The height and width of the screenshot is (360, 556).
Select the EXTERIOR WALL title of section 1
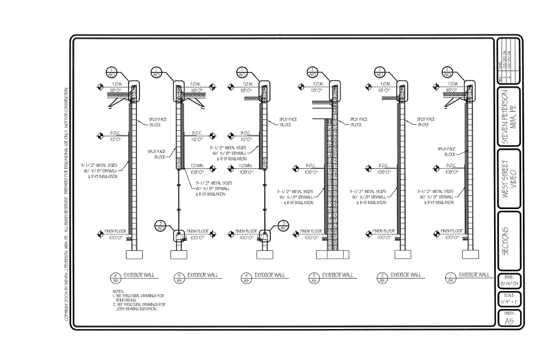[473, 275]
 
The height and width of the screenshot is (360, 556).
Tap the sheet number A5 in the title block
[509, 321]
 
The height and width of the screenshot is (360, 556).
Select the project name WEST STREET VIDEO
[509, 179]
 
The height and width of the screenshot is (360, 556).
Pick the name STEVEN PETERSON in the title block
[509, 117]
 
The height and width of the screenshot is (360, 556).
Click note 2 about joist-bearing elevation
[136, 306]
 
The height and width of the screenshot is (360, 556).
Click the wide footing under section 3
[331, 254]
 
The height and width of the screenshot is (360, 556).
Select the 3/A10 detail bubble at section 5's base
[161, 225]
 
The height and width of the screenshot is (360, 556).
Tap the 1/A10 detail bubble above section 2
[380, 73]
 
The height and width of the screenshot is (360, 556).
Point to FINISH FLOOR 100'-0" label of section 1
[450, 234]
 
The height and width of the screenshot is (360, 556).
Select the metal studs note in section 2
[368, 197]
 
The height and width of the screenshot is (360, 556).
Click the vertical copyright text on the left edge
[67, 206]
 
